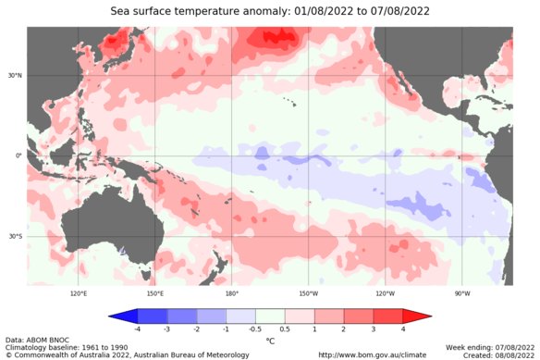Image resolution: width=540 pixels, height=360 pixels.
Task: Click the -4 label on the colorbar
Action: [x=138, y=329]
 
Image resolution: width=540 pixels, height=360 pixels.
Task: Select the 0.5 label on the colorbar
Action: [x=285, y=329]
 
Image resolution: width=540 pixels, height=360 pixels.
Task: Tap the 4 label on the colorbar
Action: [x=403, y=329]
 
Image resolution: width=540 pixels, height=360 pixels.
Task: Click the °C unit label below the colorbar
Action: [x=270, y=341]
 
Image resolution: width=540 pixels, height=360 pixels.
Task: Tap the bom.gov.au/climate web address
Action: [x=373, y=354]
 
